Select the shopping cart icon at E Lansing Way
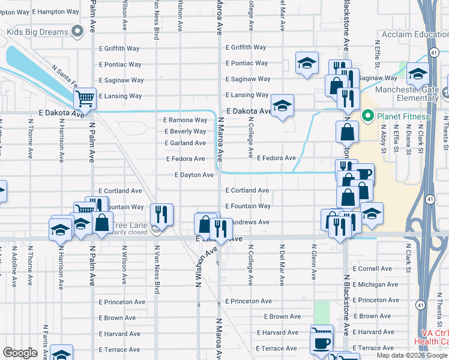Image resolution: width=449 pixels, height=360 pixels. click(86, 98)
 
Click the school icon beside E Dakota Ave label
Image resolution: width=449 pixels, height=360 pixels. click(282, 106)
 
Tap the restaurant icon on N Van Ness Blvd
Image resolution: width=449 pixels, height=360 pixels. click(161, 214)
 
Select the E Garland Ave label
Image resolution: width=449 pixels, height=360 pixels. click(185, 143)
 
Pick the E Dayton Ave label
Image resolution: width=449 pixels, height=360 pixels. click(194, 175)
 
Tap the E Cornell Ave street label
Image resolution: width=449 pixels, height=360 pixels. click(372, 269)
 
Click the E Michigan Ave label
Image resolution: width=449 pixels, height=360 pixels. click(375, 284)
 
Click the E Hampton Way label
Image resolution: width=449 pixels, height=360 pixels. click(55, 11)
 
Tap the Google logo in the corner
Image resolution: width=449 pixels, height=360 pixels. click(20, 353)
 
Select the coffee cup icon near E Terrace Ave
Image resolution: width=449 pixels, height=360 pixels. click(321, 343)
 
